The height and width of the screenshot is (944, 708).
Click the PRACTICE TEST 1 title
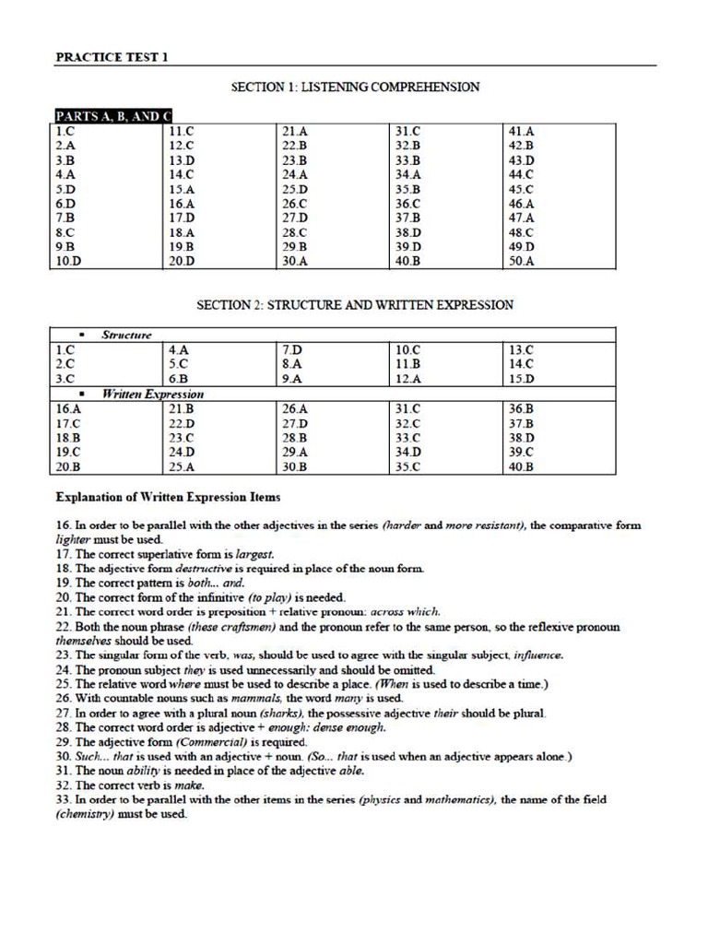112,57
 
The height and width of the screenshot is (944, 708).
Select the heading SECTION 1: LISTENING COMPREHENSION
355,88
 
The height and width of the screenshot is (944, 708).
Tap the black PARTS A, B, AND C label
113,116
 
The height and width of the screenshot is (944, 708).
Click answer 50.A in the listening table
522,262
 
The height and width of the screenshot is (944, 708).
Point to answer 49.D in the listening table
522,247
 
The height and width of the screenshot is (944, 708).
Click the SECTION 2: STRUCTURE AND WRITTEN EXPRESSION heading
355,305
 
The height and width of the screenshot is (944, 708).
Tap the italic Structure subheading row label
126,335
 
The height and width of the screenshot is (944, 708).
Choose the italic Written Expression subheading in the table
152,394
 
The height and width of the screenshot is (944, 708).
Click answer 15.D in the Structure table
522,379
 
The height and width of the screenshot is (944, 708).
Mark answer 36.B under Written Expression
522,408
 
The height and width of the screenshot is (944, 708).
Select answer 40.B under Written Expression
522,466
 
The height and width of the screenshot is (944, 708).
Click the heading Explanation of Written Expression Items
168,497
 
